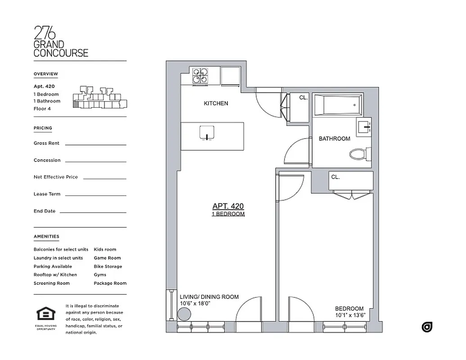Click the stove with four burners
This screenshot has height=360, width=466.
200,76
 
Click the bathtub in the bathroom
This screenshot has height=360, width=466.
338,104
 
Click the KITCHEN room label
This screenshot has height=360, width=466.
216,103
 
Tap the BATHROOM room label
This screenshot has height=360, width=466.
335,139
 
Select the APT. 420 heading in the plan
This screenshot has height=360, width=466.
228,206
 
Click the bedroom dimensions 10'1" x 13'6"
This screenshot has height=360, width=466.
349,315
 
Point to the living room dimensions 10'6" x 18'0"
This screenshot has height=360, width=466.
195,303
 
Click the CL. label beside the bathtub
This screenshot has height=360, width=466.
303,98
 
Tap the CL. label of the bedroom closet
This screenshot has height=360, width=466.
335,177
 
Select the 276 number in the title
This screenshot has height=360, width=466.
45,33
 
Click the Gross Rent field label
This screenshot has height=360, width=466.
46,143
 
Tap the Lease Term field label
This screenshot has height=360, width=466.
47,194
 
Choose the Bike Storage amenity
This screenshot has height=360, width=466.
108,266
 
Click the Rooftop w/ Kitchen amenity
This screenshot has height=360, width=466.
55,274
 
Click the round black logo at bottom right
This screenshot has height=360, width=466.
427,327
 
